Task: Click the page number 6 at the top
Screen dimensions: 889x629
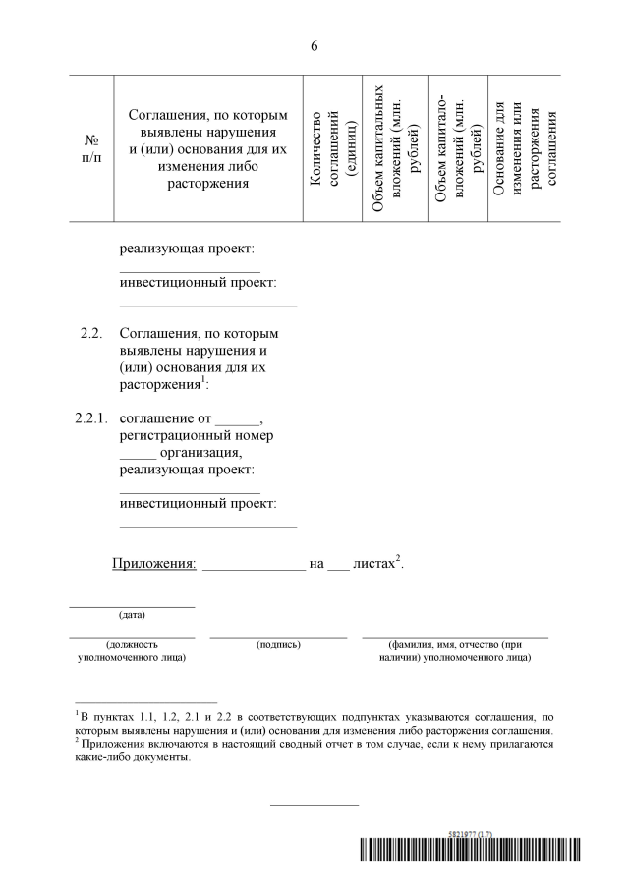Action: click(314, 45)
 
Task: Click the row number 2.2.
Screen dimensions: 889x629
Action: click(91, 334)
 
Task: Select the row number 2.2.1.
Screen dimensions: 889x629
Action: click(91, 418)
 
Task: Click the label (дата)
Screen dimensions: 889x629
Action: click(132, 615)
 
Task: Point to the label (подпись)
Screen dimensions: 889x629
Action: click(278, 644)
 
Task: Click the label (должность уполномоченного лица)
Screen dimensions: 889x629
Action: click(132, 650)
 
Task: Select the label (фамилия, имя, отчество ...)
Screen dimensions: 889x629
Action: click(454, 650)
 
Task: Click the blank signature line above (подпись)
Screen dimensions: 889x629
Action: click(278, 637)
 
